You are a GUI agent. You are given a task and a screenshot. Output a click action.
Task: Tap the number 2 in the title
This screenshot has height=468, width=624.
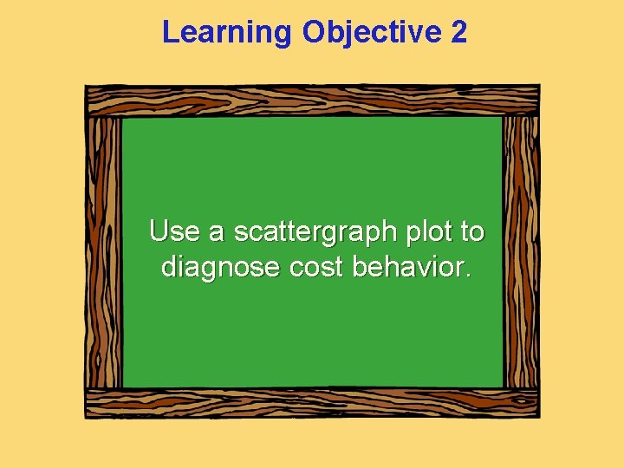click(458, 33)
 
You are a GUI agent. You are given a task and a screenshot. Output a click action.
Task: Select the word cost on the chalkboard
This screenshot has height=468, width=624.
click(316, 267)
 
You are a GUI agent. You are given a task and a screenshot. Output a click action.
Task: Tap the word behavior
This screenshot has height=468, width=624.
click(407, 267)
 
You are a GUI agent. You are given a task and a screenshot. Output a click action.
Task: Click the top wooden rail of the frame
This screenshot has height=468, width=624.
click(312, 100)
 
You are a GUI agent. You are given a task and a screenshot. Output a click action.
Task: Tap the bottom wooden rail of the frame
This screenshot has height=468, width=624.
click(312, 403)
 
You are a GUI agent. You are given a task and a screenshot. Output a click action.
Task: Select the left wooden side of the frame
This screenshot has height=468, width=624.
click(103, 251)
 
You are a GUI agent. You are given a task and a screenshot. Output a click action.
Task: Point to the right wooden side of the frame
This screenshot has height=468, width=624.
click(521, 251)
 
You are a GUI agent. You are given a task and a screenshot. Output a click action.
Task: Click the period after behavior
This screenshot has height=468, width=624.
click(469, 275)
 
